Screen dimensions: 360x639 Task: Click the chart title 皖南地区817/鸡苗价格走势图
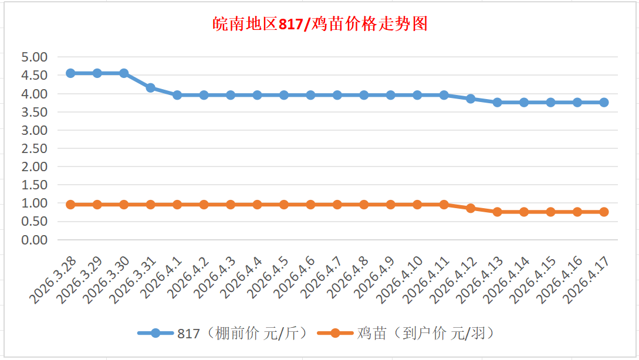(319, 25)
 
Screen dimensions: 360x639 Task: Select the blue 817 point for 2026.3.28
(70, 73)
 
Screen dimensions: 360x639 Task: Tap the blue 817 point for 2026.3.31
(151, 88)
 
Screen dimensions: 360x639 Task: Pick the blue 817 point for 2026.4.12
(471, 99)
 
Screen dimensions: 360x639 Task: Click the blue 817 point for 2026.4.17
(604, 103)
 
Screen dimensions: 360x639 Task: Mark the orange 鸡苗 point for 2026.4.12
(471, 208)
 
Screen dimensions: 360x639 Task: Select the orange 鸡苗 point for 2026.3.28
(70, 205)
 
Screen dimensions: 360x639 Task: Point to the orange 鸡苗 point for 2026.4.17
(604, 212)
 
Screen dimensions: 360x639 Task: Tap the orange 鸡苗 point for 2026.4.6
(310, 205)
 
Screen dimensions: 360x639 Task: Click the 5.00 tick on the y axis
(34, 57)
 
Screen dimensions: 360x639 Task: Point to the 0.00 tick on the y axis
(34, 240)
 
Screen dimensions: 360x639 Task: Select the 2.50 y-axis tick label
(34, 148)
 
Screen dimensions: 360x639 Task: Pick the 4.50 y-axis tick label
(34, 76)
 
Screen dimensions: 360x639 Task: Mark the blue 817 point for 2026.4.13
(497, 103)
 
